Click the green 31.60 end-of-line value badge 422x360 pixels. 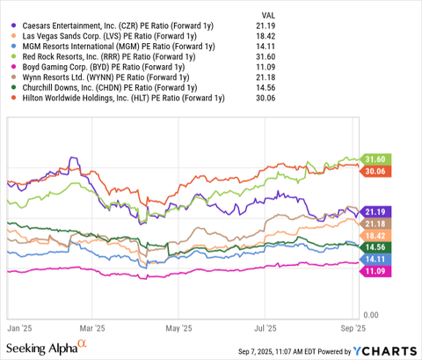pos(375,158)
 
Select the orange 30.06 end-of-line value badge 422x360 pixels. pos(375,171)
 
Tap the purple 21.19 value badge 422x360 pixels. pos(375,211)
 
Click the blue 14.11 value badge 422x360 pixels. pos(375,261)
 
